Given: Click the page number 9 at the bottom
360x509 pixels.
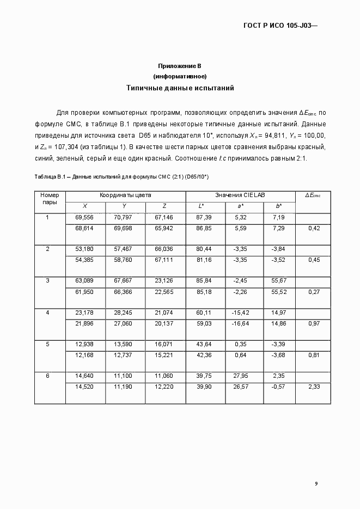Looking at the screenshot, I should click(x=316, y=483).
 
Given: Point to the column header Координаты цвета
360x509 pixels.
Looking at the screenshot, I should click(x=125, y=195).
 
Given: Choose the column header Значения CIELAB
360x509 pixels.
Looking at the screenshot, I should click(x=240, y=195).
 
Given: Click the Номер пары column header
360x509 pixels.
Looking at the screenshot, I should click(x=50, y=198).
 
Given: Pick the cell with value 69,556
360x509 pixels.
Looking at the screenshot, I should click(x=84, y=217).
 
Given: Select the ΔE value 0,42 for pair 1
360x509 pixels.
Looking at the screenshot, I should click(x=313, y=228).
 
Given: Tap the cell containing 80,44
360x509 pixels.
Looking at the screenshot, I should click(x=204, y=249).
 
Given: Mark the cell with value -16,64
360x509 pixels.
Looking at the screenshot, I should click(x=240, y=324).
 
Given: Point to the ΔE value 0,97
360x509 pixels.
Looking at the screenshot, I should click(x=313, y=324).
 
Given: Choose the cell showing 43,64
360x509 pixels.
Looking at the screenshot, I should click(x=204, y=345).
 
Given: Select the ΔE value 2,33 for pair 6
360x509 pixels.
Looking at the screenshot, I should click(x=313, y=388).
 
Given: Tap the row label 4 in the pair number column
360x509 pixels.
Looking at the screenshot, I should click(x=47, y=313).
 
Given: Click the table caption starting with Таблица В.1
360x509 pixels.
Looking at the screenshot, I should click(x=121, y=177).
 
